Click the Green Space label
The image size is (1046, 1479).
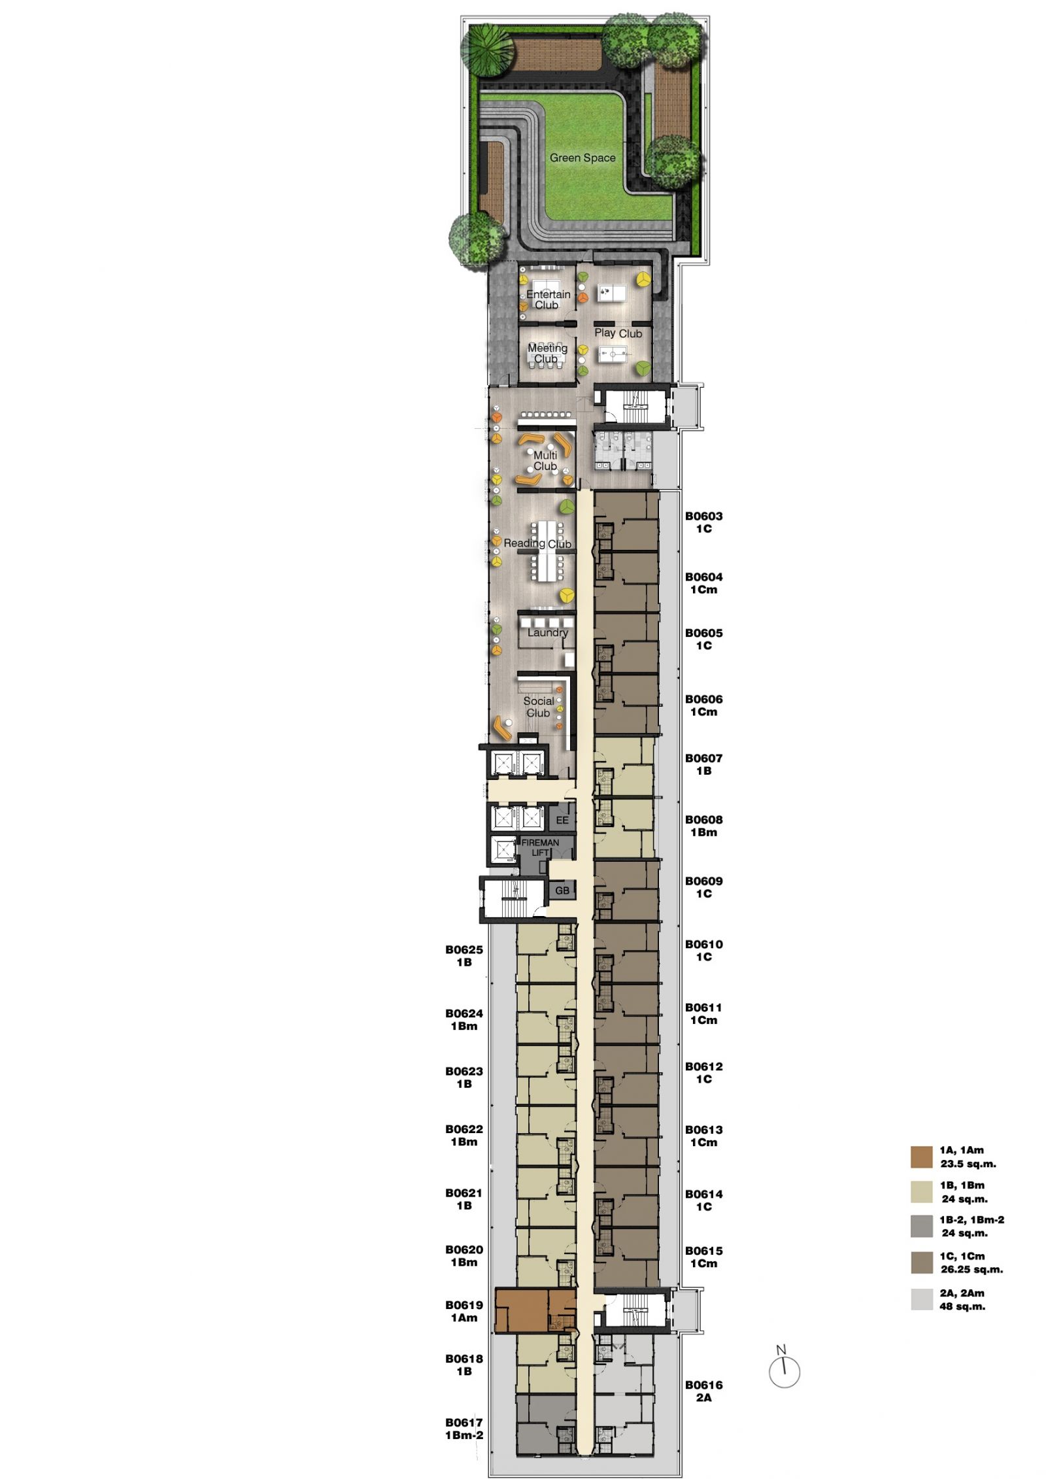[582, 158]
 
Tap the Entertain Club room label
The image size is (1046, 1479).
[548, 299]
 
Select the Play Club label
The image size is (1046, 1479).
[618, 333]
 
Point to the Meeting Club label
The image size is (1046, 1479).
[547, 353]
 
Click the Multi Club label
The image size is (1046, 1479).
[545, 460]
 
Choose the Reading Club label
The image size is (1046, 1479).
[537, 543]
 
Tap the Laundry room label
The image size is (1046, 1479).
[548, 632]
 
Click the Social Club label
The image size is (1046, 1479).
[539, 707]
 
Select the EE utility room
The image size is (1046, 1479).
[562, 820]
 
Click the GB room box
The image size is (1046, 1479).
[562, 891]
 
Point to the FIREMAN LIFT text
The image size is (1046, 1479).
[540, 847]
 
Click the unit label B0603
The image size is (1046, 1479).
[703, 516]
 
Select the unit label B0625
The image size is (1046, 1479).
[464, 949]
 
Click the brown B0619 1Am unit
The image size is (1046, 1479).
[535, 1310]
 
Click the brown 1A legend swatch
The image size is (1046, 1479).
[921, 1157]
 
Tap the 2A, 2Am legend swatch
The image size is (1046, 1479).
[921, 1299]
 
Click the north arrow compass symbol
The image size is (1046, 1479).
[784, 1371]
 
